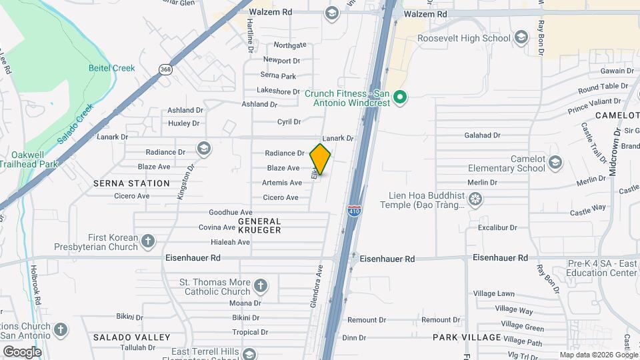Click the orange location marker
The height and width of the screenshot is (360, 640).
[x=321, y=159]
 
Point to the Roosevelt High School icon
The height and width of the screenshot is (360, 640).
[x=520, y=38]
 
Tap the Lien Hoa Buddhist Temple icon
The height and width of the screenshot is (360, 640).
[x=475, y=199]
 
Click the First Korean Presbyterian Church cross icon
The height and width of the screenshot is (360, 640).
[x=148, y=240]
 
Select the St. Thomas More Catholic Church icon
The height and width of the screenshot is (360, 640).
[x=260, y=286]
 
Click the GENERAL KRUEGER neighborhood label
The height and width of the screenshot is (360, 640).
[x=259, y=225]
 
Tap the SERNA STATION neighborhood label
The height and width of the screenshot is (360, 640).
[x=131, y=183]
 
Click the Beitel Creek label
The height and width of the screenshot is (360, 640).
[x=112, y=68]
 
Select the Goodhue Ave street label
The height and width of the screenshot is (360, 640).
[x=230, y=212]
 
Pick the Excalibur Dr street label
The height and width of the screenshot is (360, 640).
[x=497, y=227]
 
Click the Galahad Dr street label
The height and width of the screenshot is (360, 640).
[x=483, y=135]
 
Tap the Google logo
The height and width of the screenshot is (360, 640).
[x=21, y=351]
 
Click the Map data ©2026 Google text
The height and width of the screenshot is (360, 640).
[x=599, y=355]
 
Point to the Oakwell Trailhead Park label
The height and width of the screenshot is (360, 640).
[x=28, y=159]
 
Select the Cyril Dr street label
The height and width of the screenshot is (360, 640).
[x=289, y=122]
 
